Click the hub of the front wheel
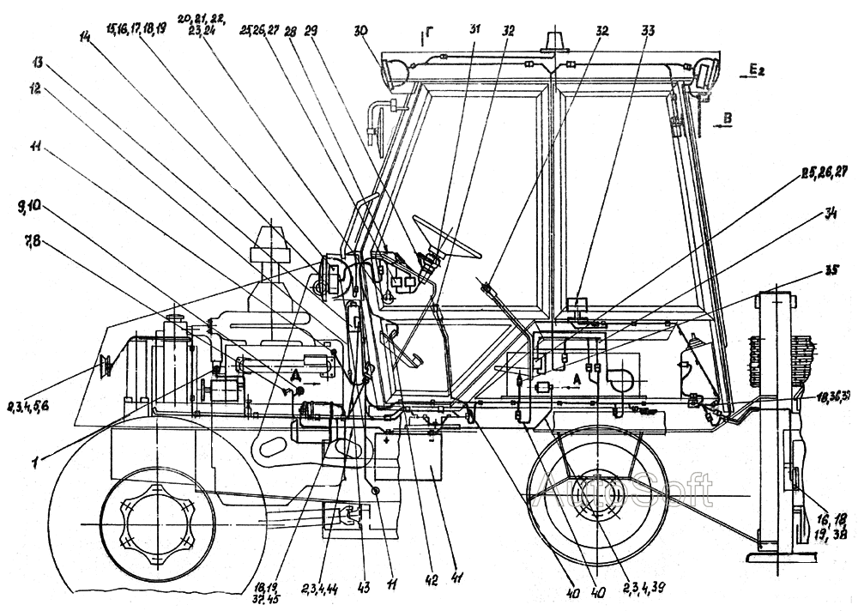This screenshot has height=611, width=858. click(x=157, y=523)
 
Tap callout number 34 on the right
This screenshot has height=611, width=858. click(x=829, y=215)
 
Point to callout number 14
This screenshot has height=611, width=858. click(x=87, y=38)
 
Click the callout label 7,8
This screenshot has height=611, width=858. click(x=37, y=244)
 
